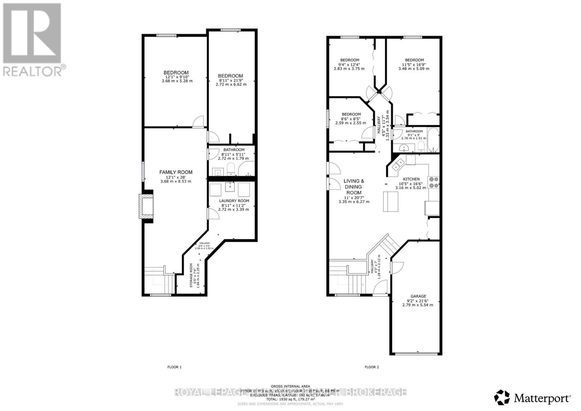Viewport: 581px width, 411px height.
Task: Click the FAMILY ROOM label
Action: point(176,172)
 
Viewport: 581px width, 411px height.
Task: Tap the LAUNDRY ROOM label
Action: point(234,201)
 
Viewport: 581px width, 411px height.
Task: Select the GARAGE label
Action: point(418,296)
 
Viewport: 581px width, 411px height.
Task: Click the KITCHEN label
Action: point(411,179)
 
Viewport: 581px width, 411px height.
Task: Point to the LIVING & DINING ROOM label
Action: point(354,187)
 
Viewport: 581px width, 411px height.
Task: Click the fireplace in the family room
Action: point(146,206)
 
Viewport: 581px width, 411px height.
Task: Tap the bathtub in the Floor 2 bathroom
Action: point(434,140)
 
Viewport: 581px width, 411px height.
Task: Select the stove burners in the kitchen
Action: point(434,182)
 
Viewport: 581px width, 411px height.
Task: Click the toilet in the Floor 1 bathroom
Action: point(231,169)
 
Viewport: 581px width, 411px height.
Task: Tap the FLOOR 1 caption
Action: point(174,367)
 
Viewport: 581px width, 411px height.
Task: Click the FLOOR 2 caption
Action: point(371,367)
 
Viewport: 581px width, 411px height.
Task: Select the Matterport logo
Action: point(533,398)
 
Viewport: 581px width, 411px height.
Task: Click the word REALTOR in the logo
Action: point(33,71)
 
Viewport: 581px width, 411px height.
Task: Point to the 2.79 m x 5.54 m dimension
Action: point(418,305)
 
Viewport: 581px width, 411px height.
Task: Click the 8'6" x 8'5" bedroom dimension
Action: point(351,118)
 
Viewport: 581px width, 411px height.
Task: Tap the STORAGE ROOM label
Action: point(191,275)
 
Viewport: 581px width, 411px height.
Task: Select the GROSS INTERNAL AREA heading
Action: point(290,386)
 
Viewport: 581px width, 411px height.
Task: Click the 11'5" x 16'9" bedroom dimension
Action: point(414,64)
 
